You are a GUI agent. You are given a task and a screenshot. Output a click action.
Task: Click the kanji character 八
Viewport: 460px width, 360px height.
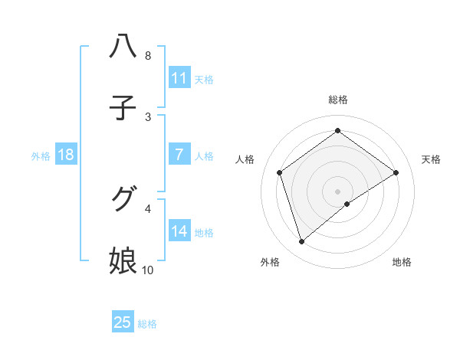(x=123, y=47)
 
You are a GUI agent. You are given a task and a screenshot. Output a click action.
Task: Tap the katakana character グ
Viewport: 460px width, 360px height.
(x=123, y=200)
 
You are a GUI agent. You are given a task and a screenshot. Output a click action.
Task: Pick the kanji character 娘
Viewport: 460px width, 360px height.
(x=123, y=261)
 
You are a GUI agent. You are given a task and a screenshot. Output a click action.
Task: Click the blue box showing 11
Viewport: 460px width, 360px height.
(x=179, y=78)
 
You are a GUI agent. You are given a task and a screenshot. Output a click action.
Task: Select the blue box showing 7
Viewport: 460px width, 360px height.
(x=179, y=155)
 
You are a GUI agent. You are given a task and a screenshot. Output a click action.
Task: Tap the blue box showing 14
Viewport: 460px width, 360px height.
(x=179, y=231)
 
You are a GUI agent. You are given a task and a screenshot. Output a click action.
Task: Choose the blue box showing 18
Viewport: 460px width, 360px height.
(x=66, y=155)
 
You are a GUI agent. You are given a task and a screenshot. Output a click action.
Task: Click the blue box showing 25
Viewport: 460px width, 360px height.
(x=123, y=322)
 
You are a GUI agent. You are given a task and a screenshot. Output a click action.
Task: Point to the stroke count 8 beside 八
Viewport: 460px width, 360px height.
(x=147, y=56)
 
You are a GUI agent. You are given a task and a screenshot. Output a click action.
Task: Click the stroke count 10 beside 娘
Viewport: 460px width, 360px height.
(x=147, y=270)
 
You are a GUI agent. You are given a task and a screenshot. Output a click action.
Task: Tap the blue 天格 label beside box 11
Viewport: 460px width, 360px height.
(x=204, y=79)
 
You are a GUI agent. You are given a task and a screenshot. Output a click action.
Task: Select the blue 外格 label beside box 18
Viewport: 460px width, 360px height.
(x=41, y=155)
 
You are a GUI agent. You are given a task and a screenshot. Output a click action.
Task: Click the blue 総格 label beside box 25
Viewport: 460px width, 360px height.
(x=147, y=323)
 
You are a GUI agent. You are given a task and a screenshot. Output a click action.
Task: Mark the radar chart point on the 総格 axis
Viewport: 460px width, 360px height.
(x=337, y=130)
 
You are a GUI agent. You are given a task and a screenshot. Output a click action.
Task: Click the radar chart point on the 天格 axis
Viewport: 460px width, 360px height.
(x=396, y=172)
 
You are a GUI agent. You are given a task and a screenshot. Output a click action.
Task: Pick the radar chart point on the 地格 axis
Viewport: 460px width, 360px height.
(x=347, y=204)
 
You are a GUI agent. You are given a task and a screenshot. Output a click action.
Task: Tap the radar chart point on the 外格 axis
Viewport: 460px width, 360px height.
(x=301, y=242)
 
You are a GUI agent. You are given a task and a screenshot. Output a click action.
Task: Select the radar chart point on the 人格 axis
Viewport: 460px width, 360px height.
(x=280, y=172)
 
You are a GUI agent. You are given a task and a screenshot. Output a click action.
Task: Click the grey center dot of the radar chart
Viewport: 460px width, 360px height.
(x=337, y=191)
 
